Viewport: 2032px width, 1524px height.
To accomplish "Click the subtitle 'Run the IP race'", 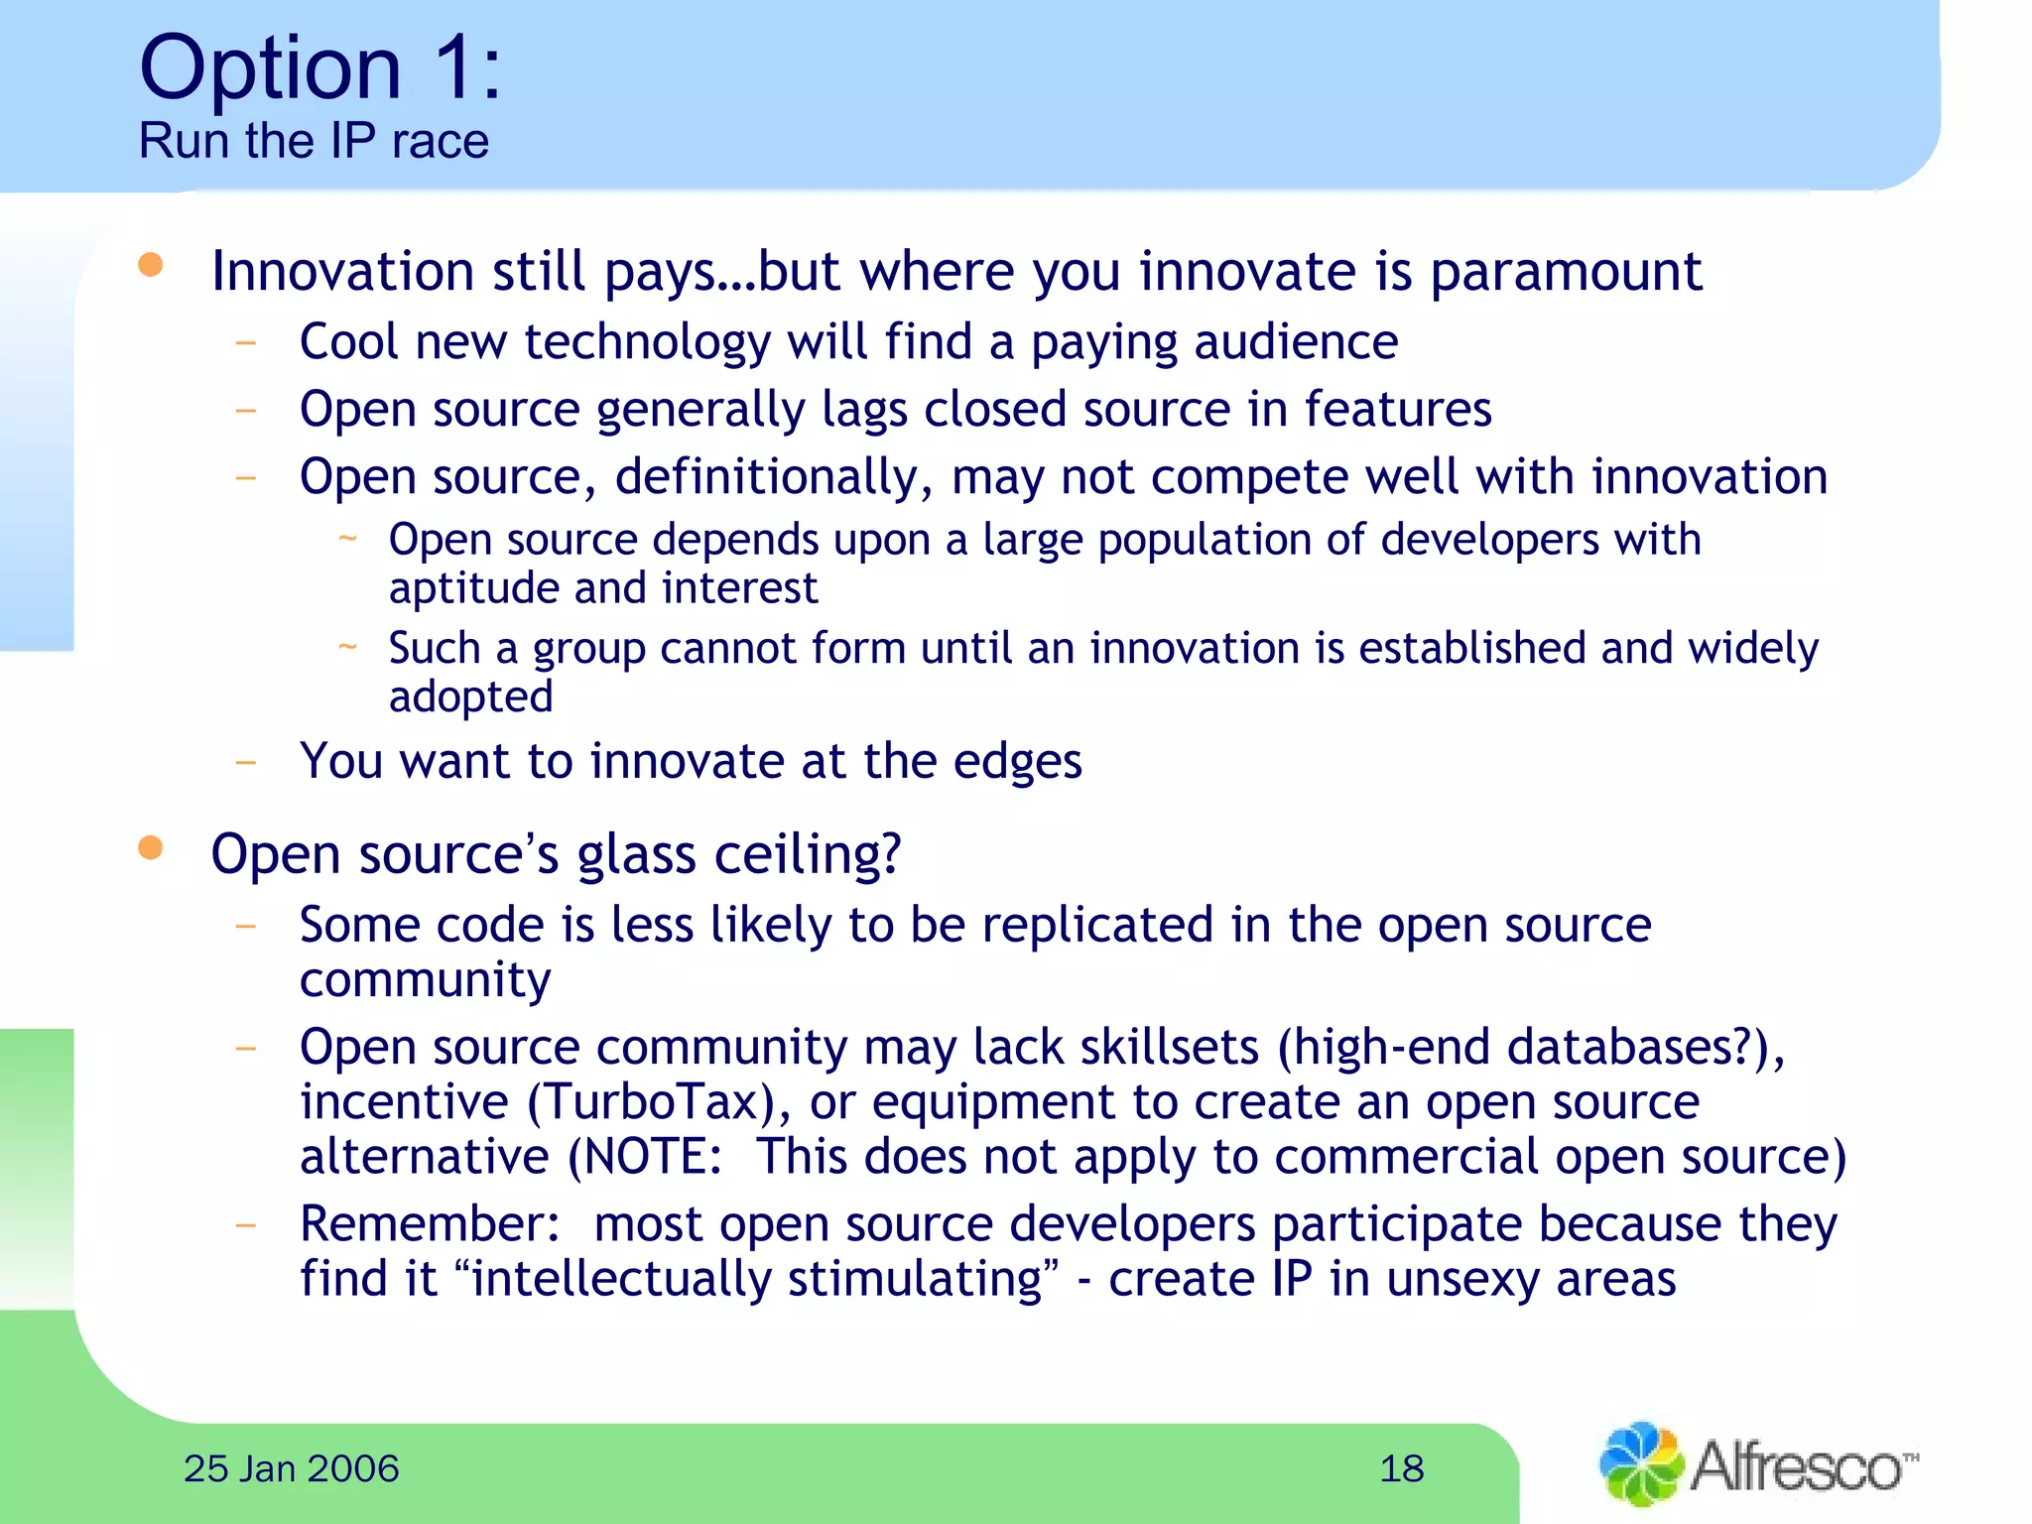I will click(x=314, y=141).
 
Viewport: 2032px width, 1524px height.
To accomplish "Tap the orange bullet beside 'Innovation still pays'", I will click(x=151, y=265).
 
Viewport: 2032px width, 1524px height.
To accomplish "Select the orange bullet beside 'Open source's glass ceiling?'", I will click(x=151, y=847).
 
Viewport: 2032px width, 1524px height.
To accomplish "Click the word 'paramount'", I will click(x=1565, y=272).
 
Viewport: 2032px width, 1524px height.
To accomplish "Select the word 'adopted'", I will click(x=470, y=698).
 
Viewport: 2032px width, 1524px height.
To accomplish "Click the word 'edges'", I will click(x=1017, y=762).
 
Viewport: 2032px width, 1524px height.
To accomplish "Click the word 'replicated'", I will click(x=1097, y=926).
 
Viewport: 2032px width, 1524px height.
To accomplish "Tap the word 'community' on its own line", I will click(x=425, y=980).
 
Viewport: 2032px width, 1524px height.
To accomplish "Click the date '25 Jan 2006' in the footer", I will click(x=291, y=1469).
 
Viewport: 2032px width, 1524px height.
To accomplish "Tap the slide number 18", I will click(x=1401, y=1469).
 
